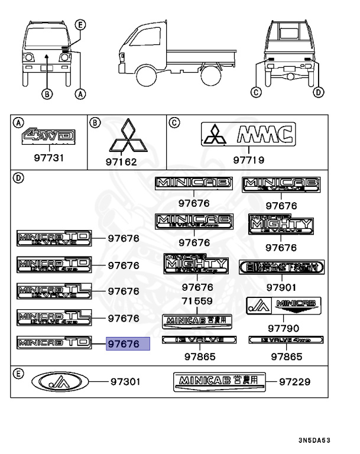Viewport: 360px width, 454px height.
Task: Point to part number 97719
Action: click(248, 160)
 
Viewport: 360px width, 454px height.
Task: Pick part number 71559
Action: click(197, 301)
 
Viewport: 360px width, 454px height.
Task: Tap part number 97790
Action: click(283, 328)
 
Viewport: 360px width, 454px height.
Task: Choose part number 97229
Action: click(294, 381)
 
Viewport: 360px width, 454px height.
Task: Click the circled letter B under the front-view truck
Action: click(47, 93)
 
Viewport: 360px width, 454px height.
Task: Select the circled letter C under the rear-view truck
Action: click(255, 92)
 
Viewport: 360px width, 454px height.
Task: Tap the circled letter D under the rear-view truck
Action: click(319, 92)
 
